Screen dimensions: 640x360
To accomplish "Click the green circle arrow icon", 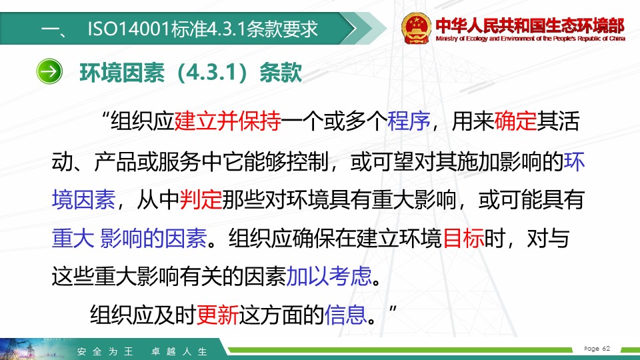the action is point(49,71).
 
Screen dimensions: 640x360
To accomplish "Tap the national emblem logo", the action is point(415,28).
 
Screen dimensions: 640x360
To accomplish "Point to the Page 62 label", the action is point(597,349).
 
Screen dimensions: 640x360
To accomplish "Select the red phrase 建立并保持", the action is point(227,121).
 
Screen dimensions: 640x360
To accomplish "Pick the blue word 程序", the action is point(409,121).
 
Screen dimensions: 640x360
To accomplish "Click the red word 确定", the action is point(515,121).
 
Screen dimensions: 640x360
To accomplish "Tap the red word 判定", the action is point(201,200).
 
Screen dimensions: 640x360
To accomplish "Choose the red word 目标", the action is point(463,239).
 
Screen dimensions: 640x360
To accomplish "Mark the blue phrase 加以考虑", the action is point(329,276).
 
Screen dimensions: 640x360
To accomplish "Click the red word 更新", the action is point(217,315).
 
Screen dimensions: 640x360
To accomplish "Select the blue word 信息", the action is point(345,315).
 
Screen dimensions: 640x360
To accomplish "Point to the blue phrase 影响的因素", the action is point(153,239).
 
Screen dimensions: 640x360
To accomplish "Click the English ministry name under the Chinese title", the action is point(530,39).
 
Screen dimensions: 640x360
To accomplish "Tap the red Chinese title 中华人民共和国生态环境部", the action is point(530,25).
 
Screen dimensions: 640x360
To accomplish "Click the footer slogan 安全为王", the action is point(105,351).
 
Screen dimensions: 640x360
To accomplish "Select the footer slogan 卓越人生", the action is point(179,351).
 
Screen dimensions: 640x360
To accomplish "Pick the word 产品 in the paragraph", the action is point(115,161).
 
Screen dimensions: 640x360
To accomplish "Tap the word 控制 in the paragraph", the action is point(308,161).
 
